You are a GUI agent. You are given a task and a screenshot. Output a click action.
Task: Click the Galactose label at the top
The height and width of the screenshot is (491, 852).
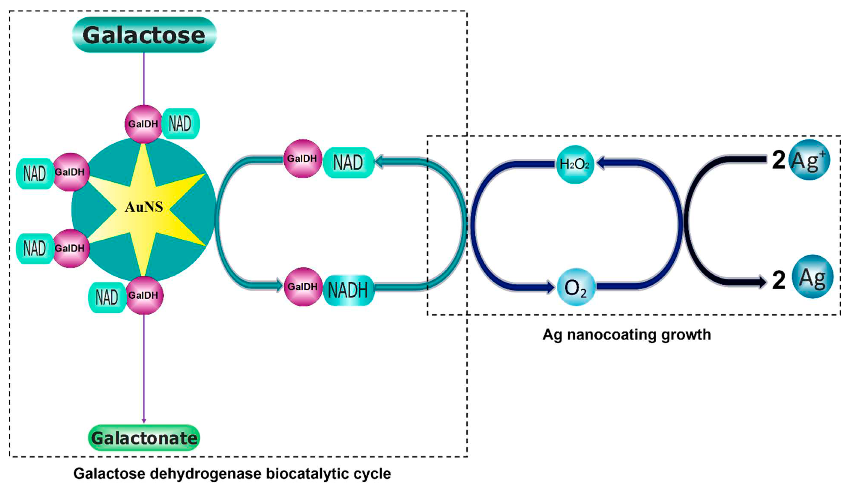[x=144, y=35]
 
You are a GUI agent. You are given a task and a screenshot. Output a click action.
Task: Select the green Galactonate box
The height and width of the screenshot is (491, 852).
[x=144, y=438]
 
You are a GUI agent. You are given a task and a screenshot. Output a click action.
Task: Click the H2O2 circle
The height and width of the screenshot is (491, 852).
[x=574, y=164]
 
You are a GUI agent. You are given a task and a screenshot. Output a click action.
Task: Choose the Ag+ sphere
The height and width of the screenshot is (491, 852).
[x=809, y=160]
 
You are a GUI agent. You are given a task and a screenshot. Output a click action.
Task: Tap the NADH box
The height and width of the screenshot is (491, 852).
[x=348, y=290]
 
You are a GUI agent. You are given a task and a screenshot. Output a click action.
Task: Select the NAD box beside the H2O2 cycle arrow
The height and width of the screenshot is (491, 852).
[x=348, y=162]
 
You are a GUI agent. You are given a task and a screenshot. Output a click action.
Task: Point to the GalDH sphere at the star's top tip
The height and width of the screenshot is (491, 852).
[x=143, y=124]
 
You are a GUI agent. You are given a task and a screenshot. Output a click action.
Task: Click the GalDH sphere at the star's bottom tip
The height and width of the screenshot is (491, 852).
[x=144, y=295]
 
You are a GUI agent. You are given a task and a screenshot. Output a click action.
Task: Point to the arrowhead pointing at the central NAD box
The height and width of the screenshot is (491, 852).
[x=380, y=162]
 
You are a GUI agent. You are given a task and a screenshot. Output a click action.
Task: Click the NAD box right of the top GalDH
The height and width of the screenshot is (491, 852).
[x=180, y=124]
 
